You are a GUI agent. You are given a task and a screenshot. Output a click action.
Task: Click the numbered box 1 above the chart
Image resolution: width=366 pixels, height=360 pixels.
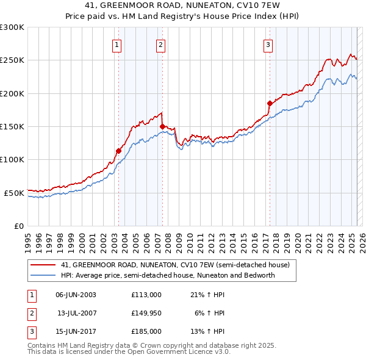[x=117, y=44]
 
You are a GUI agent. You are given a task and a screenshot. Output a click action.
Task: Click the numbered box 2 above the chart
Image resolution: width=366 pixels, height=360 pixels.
[x=160, y=44]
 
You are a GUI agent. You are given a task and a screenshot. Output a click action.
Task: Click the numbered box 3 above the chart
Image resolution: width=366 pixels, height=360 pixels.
[x=268, y=44]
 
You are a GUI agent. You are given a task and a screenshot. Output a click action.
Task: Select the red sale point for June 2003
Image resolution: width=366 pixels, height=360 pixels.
[x=118, y=151]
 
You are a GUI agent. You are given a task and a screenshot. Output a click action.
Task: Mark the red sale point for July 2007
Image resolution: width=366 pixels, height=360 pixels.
[x=162, y=126]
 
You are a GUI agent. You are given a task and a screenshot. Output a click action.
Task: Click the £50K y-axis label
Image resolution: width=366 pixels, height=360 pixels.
[x=14, y=193]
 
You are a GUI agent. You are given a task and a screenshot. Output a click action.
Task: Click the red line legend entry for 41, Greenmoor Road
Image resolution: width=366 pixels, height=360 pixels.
[x=170, y=265]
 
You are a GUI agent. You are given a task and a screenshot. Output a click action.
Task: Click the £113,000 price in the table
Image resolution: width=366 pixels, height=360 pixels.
[x=146, y=295]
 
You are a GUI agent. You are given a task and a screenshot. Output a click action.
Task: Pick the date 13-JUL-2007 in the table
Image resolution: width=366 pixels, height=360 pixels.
[x=77, y=313]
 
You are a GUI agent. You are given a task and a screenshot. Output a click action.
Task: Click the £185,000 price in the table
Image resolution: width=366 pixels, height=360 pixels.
[x=146, y=331]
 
